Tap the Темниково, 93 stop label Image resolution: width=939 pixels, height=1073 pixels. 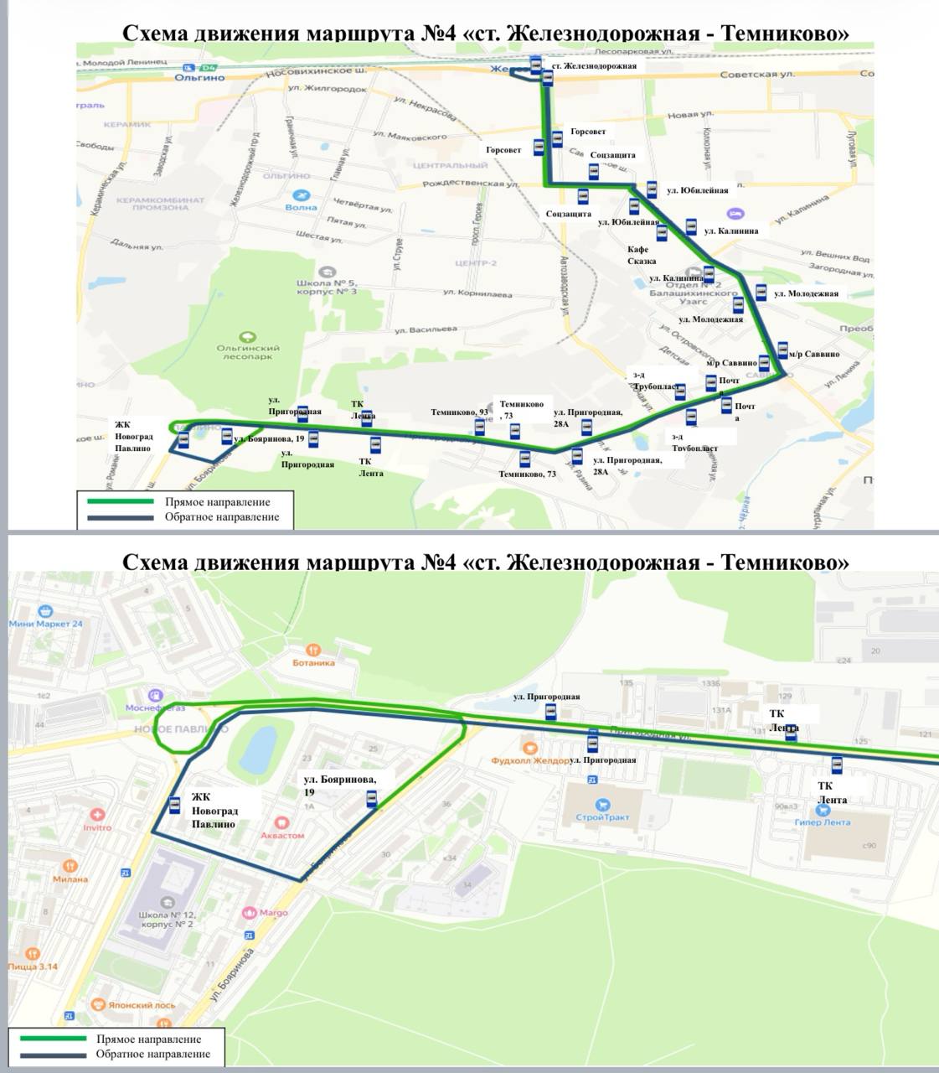coord(459,412)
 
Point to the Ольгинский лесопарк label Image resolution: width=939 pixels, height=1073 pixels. coord(248,351)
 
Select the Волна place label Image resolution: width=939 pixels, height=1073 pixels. coord(301,206)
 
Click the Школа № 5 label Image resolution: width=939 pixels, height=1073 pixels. coord(326,287)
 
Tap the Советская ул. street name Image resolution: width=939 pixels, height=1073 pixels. coord(757,75)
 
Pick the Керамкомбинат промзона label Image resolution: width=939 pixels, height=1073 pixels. coord(160,204)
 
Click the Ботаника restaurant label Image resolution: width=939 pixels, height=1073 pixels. coord(313,662)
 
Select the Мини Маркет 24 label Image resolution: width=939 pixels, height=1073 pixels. coord(46,624)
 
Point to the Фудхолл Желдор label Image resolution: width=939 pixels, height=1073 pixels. coord(529,760)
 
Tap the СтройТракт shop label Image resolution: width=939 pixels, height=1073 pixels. coord(602,816)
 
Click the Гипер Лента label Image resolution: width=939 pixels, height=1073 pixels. coord(823,822)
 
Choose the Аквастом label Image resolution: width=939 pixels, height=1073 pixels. coord(282,835)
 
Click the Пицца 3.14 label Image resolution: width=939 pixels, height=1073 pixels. coord(33,966)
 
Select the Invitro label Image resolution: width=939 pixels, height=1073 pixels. coord(97,827)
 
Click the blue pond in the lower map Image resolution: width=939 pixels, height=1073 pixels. coord(260,746)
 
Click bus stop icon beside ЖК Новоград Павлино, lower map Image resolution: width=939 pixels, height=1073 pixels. coord(174,805)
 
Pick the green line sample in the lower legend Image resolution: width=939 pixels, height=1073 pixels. coord(54,1039)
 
